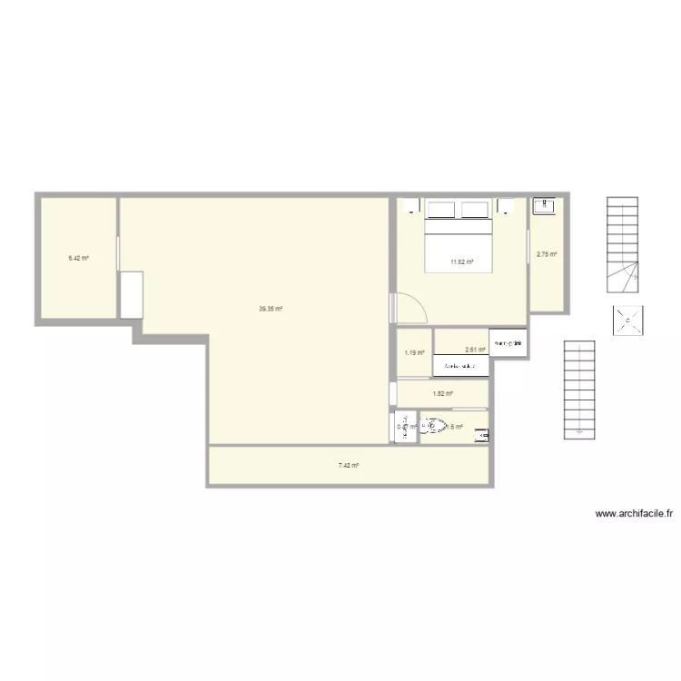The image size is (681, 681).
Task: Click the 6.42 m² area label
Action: pos(78,258)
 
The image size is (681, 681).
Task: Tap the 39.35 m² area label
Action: pos(271,309)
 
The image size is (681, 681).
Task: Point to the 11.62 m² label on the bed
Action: pos(462,262)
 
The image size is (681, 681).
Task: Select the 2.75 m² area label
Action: pos(546,254)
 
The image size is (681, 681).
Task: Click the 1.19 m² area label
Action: pos(414,352)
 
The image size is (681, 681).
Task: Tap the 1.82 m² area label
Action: pos(443,393)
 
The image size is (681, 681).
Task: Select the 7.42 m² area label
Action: pos(349,465)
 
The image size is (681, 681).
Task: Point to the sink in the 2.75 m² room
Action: pos(544,205)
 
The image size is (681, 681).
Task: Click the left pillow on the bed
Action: pos(441,210)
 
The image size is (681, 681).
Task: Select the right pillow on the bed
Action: pos(476,210)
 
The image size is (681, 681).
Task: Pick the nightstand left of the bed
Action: pos(411,207)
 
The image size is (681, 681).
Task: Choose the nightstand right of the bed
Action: pos(506,206)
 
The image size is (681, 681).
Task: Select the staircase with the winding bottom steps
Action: pos(624,244)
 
